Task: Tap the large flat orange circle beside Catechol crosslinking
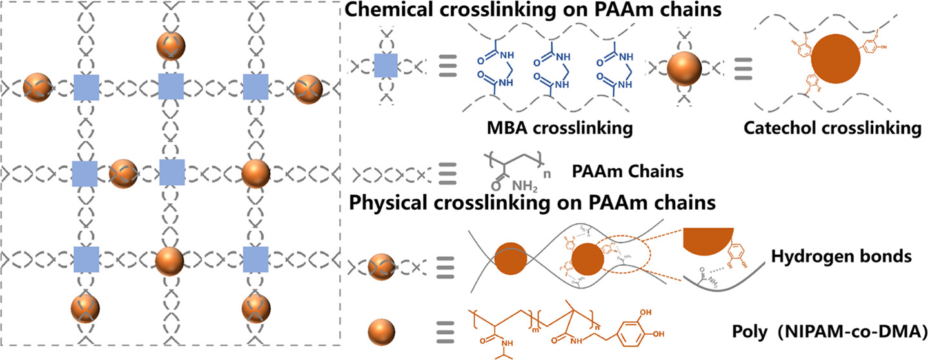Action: (x=836, y=65)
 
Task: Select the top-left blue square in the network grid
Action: (x=86, y=87)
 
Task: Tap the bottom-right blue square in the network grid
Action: (x=256, y=259)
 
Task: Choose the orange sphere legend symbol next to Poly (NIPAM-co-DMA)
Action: (x=382, y=334)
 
